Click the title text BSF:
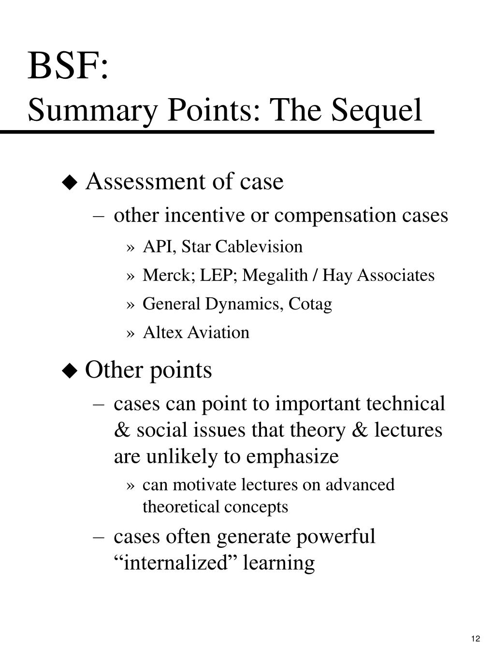tap(68, 66)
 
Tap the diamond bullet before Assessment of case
tap(70, 183)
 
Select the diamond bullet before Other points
tap(70, 371)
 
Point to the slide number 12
tap(476, 639)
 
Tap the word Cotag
tap(310, 304)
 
